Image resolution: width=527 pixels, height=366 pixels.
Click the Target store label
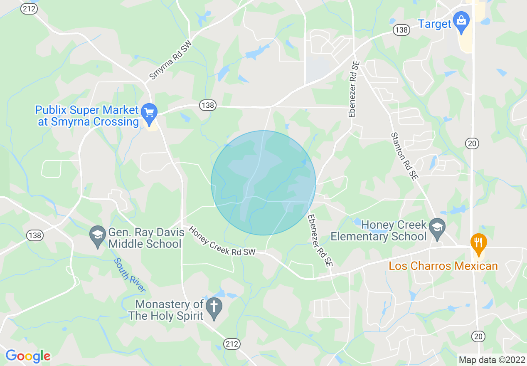click(x=434, y=24)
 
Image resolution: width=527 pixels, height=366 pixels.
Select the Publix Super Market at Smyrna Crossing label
click(x=87, y=116)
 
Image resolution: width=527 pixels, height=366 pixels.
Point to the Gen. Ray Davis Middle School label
click(x=145, y=237)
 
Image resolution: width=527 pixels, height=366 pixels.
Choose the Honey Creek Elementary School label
click(x=379, y=230)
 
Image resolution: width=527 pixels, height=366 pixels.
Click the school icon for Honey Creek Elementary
click(x=437, y=228)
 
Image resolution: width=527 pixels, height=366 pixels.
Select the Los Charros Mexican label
click(x=443, y=266)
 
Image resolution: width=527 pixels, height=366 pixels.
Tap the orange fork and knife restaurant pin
click(x=479, y=243)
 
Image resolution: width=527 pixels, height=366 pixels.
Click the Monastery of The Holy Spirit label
click(x=166, y=310)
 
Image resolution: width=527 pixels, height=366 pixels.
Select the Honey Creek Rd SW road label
click(x=222, y=240)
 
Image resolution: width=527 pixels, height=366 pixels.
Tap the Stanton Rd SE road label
click(x=404, y=156)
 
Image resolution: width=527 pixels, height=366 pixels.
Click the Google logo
click(x=28, y=356)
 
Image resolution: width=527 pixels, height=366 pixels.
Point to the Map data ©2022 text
click(x=491, y=359)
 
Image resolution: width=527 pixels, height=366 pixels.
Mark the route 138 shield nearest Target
click(x=402, y=30)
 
